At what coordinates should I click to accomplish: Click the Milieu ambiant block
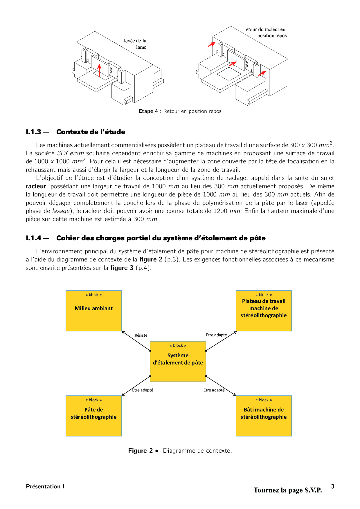click(x=93, y=311)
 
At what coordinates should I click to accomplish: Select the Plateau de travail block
click(x=264, y=311)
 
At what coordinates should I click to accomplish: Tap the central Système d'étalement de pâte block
click(x=178, y=361)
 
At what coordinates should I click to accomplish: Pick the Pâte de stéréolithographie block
click(x=93, y=416)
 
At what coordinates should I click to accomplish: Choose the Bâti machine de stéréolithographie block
click(x=264, y=416)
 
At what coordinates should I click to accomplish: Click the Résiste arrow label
click(x=141, y=335)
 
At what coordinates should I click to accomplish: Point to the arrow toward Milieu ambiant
click(x=136, y=341)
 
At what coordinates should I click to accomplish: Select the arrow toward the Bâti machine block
click(x=221, y=386)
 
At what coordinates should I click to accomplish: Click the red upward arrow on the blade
click(x=99, y=71)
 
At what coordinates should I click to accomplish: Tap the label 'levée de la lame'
click(x=135, y=44)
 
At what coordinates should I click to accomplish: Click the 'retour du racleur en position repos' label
click(x=265, y=33)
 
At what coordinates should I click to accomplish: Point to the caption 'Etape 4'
click(x=148, y=111)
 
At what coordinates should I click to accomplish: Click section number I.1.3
click(x=34, y=132)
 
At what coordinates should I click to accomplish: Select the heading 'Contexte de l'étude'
click(x=91, y=132)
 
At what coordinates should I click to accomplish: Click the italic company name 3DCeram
click(x=70, y=153)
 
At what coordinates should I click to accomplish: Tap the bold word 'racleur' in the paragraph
click(x=36, y=186)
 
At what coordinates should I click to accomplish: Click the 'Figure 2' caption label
click(x=141, y=450)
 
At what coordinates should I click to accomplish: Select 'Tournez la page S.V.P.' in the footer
click(x=287, y=490)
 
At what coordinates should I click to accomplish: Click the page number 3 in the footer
click(x=332, y=486)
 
